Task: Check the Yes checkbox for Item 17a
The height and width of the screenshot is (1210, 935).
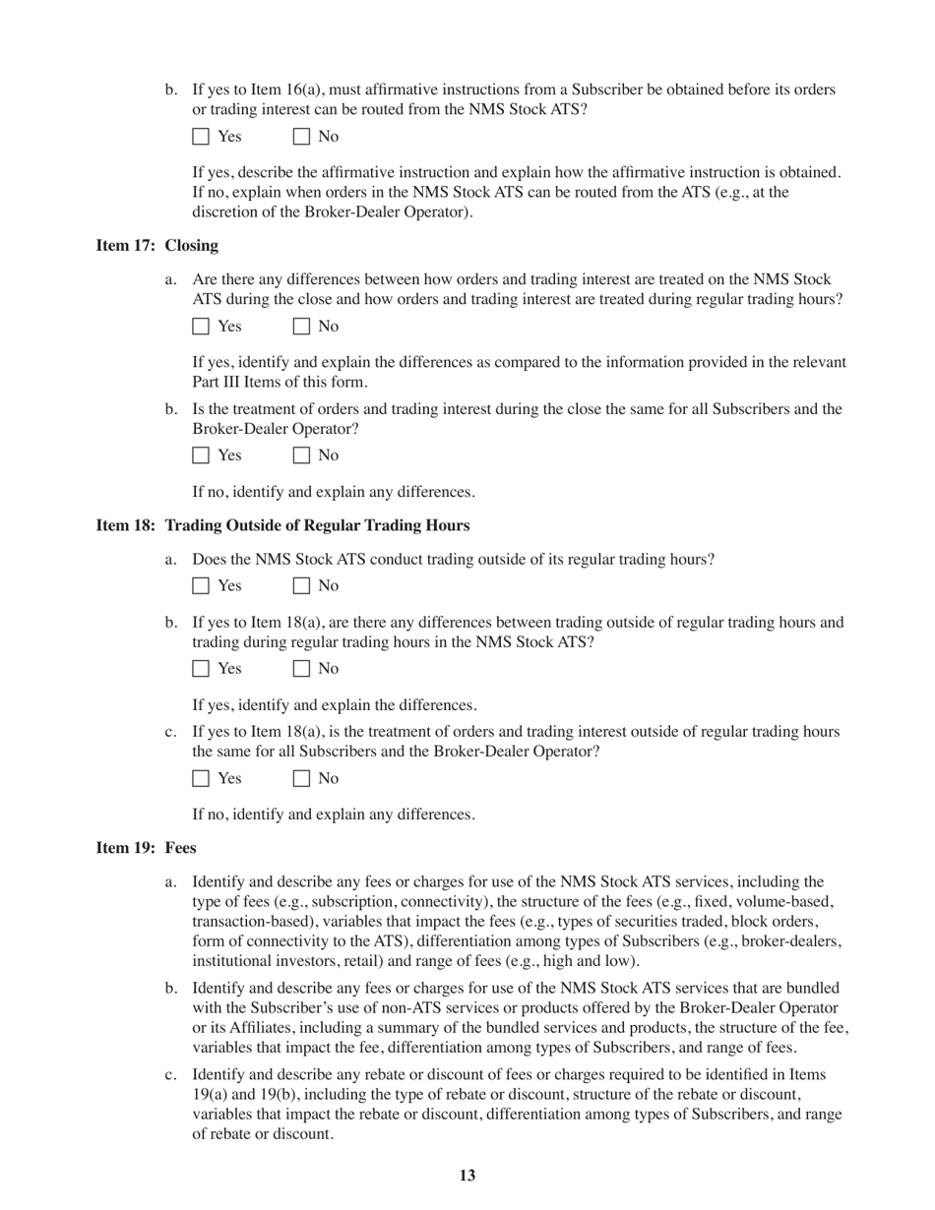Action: (201, 327)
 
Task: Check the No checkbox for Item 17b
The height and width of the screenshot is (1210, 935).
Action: (302, 455)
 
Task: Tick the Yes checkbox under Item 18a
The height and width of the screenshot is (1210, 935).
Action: (201, 586)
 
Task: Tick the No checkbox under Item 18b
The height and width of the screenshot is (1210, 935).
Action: (302, 669)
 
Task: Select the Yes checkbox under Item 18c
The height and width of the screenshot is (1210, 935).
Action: (201, 779)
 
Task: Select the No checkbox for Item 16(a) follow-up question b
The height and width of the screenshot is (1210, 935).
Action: (302, 137)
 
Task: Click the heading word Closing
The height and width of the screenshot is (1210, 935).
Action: (192, 245)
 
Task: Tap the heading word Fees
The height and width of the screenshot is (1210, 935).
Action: (180, 848)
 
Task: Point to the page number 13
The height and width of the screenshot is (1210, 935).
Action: (467, 1176)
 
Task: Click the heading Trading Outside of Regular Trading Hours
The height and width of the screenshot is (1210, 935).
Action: (317, 525)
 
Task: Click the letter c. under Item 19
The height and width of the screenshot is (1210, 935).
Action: (170, 1074)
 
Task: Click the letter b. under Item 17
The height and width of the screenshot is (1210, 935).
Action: (171, 409)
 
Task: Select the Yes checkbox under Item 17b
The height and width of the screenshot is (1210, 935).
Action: (201, 455)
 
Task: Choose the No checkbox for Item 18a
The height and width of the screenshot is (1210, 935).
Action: (302, 586)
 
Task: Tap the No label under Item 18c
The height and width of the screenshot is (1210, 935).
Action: (328, 779)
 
